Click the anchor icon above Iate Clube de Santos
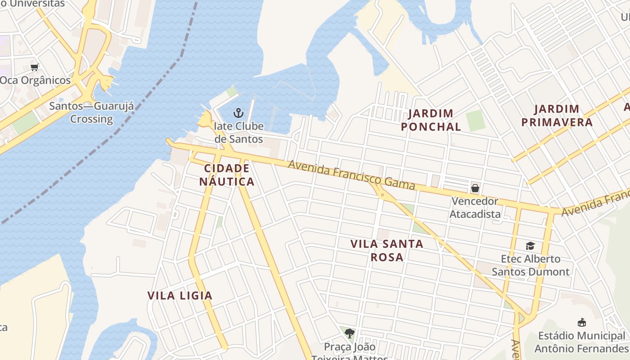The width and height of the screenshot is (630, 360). tap(238, 112)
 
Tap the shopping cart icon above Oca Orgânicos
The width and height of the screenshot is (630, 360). tap(34, 67)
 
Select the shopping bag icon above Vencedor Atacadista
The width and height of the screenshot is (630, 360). tap(475, 188)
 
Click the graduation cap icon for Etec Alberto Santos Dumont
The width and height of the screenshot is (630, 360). tap(530, 246)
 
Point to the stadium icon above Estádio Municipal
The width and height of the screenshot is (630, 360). tap(581, 322)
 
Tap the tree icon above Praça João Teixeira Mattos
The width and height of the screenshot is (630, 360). tap(349, 333)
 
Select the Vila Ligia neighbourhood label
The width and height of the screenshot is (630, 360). tap(180, 296)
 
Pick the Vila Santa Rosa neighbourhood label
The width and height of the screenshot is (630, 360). tap(387, 250)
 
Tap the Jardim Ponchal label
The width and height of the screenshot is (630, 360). tap(431, 120)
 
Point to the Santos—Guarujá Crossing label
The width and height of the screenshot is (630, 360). tap(92, 112)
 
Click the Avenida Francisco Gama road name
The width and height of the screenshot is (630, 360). tap(351, 175)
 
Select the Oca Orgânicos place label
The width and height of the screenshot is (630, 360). tap(35, 81)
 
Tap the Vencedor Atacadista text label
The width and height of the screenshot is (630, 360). tap(475, 207)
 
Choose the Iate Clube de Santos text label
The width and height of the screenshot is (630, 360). tap(238, 132)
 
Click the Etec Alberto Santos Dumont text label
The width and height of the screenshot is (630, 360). tap(531, 265)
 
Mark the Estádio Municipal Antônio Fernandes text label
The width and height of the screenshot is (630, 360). tap(581, 342)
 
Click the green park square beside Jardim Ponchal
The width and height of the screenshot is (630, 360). tap(476, 121)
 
